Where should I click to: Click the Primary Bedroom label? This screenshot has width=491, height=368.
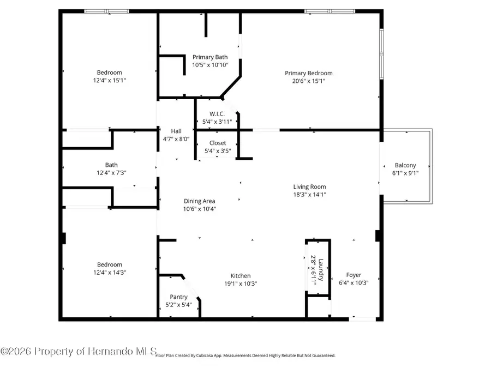click(308, 73)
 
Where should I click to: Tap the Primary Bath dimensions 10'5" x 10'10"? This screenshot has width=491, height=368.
click(210, 65)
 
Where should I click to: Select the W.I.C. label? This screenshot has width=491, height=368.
click(217, 114)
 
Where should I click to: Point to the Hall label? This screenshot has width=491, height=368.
click(176, 131)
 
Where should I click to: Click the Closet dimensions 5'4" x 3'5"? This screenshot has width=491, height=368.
click(218, 151)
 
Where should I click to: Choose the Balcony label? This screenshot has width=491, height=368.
click(405, 165)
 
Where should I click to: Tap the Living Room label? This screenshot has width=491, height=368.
click(309, 187)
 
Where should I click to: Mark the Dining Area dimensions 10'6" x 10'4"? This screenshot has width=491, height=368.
click(200, 209)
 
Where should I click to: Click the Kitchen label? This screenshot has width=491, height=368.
click(241, 276)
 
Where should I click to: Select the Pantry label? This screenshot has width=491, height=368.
click(178, 297)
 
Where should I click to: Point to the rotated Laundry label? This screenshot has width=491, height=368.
click(321, 269)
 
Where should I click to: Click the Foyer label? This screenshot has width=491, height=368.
click(354, 275)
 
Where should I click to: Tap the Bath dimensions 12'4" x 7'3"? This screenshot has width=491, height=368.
click(111, 173)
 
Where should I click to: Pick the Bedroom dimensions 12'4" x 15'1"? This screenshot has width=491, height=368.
click(109, 81)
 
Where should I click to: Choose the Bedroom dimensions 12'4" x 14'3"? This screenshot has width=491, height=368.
click(109, 273)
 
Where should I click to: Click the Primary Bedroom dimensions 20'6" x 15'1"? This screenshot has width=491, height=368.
click(308, 81)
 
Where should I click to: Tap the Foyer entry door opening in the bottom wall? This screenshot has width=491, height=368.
click(362, 319)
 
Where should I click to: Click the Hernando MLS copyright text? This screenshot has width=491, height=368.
click(78, 352)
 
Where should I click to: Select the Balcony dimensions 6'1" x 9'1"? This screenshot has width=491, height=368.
click(405, 173)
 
